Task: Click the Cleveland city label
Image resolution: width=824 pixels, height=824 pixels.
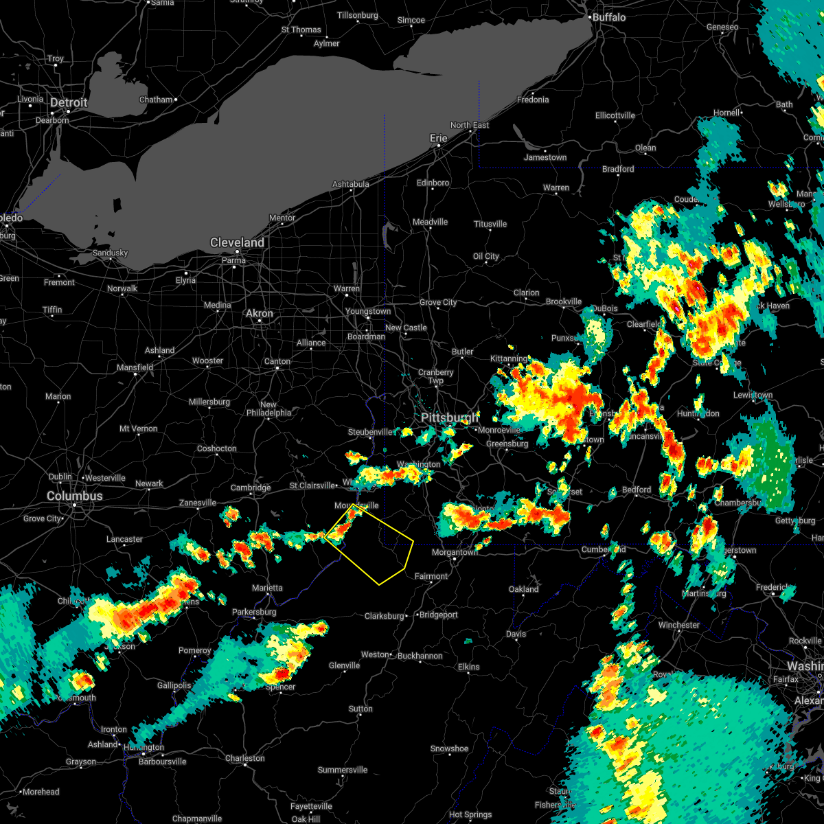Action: (237, 243)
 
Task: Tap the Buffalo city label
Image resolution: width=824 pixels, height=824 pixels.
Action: (609, 17)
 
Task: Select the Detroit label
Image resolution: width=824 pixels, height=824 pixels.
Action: (69, 103)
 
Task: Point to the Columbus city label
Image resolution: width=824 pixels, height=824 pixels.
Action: (74, 496)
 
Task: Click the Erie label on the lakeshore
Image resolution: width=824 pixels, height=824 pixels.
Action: (438, 138)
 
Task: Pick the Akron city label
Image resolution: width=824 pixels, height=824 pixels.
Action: (259, 313)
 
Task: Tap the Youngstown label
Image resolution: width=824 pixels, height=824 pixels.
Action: (368, 311)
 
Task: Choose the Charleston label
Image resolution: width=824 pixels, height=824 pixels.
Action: (244, 758)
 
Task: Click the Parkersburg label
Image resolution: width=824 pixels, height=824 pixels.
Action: (254, 612)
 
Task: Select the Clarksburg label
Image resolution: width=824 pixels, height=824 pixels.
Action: (384, 616)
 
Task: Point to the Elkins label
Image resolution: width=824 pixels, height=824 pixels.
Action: (469, 667)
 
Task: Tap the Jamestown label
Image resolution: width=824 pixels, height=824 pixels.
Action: (545, 157)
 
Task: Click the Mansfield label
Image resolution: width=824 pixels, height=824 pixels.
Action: (135, 367)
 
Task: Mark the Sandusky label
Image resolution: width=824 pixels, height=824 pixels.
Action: (110, 253)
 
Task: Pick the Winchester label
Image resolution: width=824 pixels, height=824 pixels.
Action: (678, 625)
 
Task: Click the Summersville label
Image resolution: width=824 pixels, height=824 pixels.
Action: (343, 770)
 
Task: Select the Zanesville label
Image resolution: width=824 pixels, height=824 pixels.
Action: (198, 503)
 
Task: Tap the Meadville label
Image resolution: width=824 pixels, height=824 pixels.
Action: (430, 222)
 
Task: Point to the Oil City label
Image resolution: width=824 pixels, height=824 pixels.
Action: (485, 256)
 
